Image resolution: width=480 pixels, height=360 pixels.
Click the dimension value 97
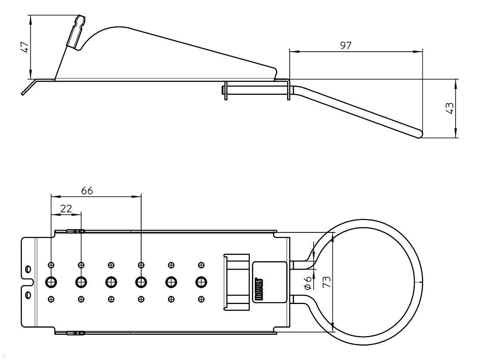[346, 46]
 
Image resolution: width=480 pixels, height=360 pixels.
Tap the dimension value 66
[87, 190]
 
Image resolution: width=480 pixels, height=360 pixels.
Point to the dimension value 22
[66, 208]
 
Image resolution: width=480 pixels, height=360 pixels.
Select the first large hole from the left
[51, 282]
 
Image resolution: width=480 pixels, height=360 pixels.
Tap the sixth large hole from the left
[201, 282]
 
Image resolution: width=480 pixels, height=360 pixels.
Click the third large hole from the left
[111, 282]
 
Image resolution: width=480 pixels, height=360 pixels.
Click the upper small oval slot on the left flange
[27, 268]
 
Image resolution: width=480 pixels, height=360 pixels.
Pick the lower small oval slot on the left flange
[27, 295]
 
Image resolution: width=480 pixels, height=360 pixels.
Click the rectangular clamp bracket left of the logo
[236, 282]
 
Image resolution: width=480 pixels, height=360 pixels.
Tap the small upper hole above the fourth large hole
[141, 265]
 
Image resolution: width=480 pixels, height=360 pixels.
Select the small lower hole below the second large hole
[81, 299]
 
